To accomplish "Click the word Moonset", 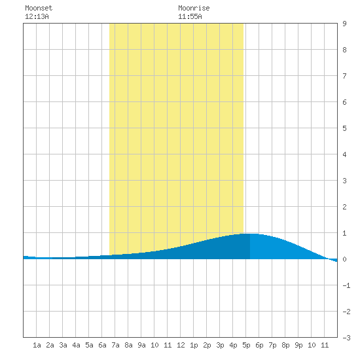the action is (x=39, y=8).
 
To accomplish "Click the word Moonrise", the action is (x=194, y=8).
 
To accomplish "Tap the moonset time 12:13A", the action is (x=37, y=16).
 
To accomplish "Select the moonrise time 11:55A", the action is (x=190, y=16).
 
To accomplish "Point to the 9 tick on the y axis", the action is (x=344, y=24).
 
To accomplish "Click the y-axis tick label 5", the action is (x=344, y=128).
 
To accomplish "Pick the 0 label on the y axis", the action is (x=344, y=259).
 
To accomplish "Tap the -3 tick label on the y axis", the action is (x=346, y=338).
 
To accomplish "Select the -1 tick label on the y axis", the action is (x=346, y=285).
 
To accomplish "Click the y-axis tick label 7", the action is (x=344, y=76).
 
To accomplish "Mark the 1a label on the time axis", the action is (x=37, y=345).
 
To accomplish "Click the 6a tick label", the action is (x=102, y=345).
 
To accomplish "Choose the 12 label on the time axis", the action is (x=181, y=345).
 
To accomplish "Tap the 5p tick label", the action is (x=246, y=345).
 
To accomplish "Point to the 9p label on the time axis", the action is (x=298, y=345).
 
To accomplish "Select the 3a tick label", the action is (x=63, y=345).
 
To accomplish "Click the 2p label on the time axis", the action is (x=207, y=345).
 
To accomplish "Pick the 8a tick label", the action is (x=128, y=345).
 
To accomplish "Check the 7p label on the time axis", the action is (x=272, y=345).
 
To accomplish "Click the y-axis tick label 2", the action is (x=344, y=207).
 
